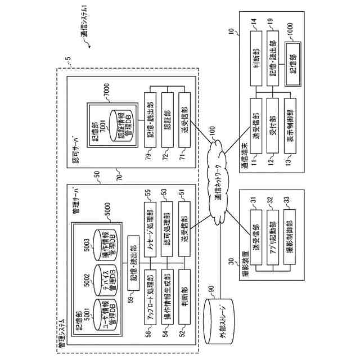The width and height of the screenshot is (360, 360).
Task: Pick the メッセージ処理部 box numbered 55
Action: pyautogui.click(x=149, y=222)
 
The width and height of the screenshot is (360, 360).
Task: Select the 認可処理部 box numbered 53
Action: pyautogui.click(x=166, y=222)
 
